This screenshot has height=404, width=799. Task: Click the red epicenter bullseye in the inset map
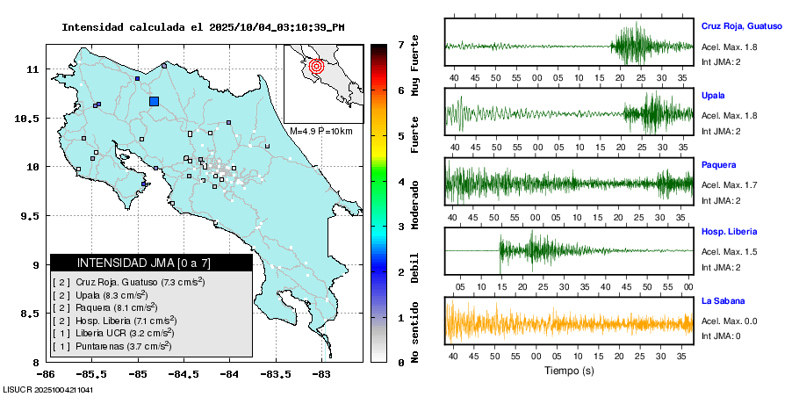(x=317, y=65)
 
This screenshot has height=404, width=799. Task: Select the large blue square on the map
(x=155, y=101)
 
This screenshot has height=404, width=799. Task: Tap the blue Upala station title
(x=713, y=95)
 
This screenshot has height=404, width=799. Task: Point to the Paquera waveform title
(x=718, y=164)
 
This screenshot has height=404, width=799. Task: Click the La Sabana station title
(x=723, y=301)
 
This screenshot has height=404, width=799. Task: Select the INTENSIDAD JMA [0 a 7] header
(x=151, y=263)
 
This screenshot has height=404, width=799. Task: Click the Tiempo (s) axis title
(x=568, y=371)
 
